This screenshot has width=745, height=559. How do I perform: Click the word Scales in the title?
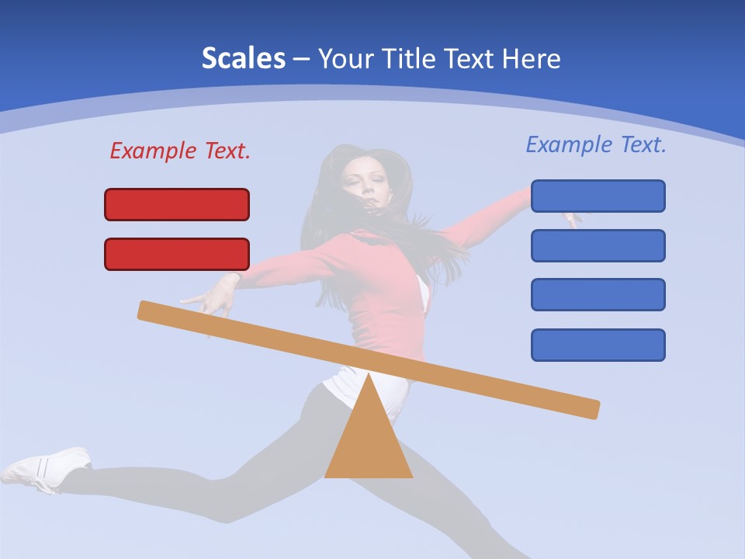click(x=243, y=58)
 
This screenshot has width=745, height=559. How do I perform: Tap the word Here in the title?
click(x=531, y=58)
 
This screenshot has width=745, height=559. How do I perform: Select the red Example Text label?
click(x=180, y=151)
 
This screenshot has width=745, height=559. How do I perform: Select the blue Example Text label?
click(x=596, y=144)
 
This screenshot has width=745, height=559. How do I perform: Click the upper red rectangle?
click(x=177, y=204)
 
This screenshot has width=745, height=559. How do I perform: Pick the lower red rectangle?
click(x=177, y=254)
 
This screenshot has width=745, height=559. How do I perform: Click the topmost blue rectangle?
click(x=598, y=196)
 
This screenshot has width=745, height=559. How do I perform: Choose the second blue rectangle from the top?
click(x=598, y=245)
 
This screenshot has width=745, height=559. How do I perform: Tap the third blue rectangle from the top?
click(x=598, y=295)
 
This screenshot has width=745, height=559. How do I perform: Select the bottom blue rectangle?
click(x=598, y=345)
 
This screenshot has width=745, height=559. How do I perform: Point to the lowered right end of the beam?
click(x=591, y=408)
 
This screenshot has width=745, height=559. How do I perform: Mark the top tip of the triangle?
click(x=369, y=377)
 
